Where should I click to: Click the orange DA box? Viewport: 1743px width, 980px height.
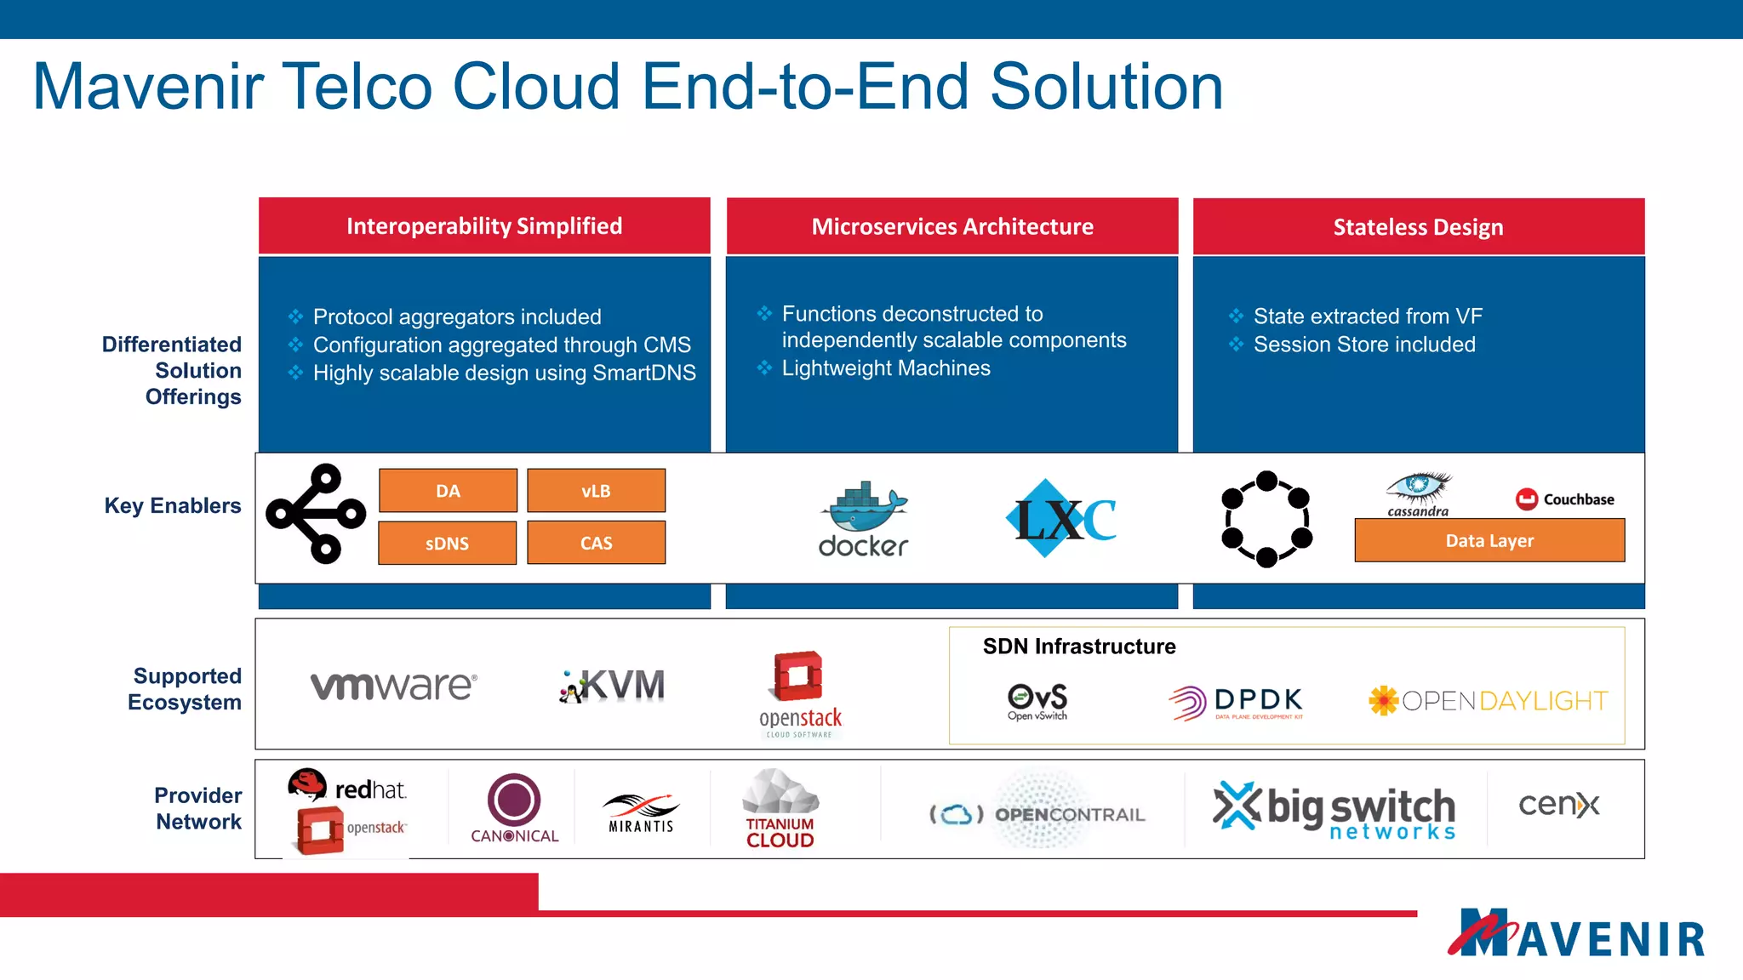(448, 491)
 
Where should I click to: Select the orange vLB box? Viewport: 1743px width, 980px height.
(596, 491)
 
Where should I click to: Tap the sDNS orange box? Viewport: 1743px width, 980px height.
(447, 543)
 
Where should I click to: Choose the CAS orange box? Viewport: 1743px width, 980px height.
(596, 543)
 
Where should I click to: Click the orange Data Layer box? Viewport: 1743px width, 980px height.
(1489, 540)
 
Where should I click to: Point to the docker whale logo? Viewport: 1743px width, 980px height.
(864, 519)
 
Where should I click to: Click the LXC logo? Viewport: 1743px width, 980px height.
(1061, 519)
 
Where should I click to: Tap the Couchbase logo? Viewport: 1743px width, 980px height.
(1565, 499)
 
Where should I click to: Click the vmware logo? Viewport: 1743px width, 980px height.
(393, 685)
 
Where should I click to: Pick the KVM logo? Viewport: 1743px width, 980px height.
(613, 686)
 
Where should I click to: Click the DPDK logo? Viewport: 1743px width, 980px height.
(1237, 702)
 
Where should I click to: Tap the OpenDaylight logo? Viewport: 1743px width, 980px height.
(1488, 701)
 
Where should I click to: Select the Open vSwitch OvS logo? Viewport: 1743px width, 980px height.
(1037, 701)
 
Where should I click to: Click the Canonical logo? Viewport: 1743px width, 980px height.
(514, 809)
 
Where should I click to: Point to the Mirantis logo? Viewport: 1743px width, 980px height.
(641, 812)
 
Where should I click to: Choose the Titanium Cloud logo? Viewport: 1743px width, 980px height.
(780, 809)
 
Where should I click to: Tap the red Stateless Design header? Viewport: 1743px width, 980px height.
(1419, 226)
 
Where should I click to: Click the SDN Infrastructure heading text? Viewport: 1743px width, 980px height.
(1079, 647)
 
